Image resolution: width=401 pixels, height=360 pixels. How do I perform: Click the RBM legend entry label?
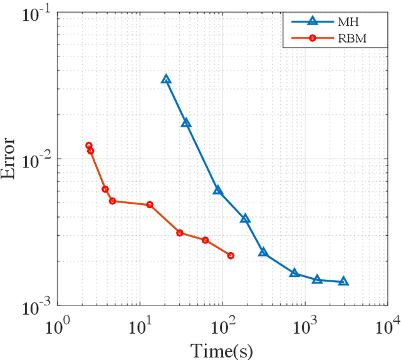coord(358,39)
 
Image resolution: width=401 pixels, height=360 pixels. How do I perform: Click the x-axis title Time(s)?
coord(222,349)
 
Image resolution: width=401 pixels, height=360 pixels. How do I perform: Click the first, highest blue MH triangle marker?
coord(166,80)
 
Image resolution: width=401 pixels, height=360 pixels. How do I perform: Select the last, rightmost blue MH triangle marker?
coord(343,282)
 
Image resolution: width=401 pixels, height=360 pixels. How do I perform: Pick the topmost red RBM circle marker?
coord(89,146)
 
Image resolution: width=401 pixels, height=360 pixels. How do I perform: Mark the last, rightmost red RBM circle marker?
coord(231,256)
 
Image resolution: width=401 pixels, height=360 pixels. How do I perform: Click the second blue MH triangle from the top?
coord(186,123)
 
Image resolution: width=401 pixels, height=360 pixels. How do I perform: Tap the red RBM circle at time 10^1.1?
coord(150,205)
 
